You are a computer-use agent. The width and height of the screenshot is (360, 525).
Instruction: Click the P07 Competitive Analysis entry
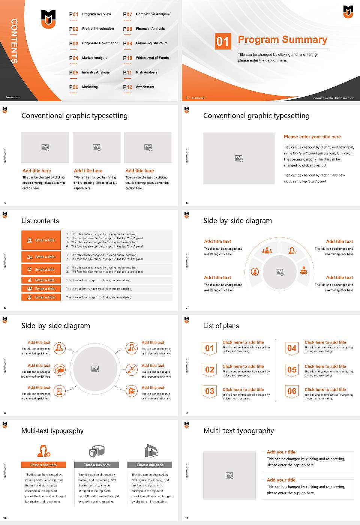(146, 14)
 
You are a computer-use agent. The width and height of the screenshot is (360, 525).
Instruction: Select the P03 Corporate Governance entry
(94, 43)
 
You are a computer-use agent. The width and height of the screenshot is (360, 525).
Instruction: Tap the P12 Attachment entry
(139, 87)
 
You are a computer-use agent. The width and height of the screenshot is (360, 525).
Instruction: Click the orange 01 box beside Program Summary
(223, 41)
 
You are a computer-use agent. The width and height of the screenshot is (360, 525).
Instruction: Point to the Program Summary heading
(282, 40)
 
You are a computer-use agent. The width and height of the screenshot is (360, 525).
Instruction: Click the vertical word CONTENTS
(14, 41)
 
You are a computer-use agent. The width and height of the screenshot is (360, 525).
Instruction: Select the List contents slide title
(40, 221)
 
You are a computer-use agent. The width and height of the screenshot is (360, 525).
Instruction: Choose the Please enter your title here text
(312, 137)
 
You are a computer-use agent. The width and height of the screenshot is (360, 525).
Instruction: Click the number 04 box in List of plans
(292, 348)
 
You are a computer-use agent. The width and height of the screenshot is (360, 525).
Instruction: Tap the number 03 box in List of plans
(210, 391)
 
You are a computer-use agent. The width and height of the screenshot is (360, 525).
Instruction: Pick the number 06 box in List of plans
(292, 391)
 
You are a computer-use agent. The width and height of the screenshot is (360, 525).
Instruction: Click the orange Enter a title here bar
(43, 465)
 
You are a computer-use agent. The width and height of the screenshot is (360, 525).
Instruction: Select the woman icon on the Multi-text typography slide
(43, 450)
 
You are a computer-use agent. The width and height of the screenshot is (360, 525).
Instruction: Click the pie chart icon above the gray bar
(97, 451)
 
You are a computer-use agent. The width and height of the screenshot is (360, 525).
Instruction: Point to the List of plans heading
(221, 326)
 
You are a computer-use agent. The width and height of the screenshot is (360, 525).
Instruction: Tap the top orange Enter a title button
(41, 240)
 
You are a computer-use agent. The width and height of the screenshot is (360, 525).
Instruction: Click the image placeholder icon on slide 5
(239, 159)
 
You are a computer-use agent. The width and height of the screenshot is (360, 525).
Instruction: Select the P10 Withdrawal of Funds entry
(146, 58)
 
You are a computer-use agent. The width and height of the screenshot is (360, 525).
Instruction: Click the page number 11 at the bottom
(187, 518)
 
